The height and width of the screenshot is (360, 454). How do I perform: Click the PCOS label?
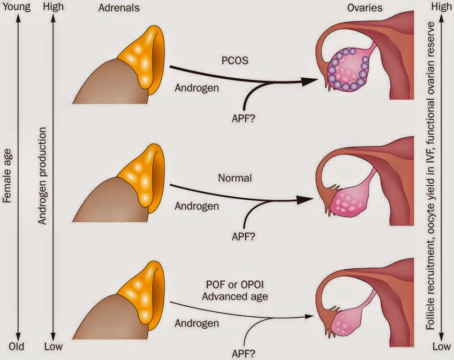235,60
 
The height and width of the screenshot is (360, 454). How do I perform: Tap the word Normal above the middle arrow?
235,178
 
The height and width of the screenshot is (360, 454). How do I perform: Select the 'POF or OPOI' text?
235,285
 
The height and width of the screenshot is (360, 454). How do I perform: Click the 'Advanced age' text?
235,297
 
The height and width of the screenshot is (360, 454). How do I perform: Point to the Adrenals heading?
119,8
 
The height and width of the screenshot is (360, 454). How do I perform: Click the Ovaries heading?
365,8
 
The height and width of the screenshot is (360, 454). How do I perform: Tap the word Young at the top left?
16,7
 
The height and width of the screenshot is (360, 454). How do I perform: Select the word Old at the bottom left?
16,347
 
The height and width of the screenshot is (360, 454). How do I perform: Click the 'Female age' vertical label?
7,176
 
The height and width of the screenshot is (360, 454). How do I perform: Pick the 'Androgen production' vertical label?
42,176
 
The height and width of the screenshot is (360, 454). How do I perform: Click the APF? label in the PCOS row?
243,119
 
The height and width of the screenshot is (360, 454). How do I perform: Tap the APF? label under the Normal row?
243,237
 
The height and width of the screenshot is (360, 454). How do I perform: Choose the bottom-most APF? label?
243,354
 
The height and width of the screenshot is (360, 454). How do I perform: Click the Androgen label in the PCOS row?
197,88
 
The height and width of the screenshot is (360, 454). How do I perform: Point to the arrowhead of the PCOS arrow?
310,82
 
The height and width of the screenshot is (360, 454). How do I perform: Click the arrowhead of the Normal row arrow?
305,200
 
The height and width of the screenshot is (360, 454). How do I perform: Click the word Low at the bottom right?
441,347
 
